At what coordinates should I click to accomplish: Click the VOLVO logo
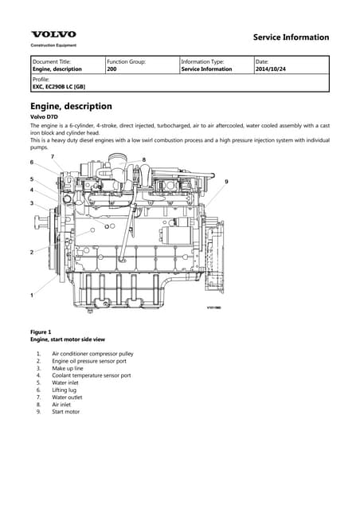point(53,34)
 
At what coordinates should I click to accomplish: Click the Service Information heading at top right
point(291,37)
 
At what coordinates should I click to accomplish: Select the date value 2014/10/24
point(271,69)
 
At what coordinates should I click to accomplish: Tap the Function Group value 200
point(112,69)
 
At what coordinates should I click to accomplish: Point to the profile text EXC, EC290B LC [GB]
point(59,87)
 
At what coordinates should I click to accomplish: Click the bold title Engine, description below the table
point(71,106)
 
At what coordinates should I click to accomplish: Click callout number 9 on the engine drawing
point(227,182)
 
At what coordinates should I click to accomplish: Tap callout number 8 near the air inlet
point(143,159)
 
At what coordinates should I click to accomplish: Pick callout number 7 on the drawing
point(53,157)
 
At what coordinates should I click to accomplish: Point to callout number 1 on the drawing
point(32,296)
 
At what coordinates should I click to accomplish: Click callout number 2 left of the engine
point(32,252)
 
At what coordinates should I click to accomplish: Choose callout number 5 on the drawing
point(32,179)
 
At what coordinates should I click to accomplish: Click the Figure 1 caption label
point(41,332)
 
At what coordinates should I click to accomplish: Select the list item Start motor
point(65,412)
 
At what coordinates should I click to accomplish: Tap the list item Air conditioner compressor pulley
point(92,354)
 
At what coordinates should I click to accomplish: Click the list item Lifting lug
point(64,390)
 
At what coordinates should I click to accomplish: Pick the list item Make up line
point(68,368)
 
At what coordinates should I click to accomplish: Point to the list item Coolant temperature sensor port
point(92,375)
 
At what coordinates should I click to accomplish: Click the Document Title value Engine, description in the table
point(57,69)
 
